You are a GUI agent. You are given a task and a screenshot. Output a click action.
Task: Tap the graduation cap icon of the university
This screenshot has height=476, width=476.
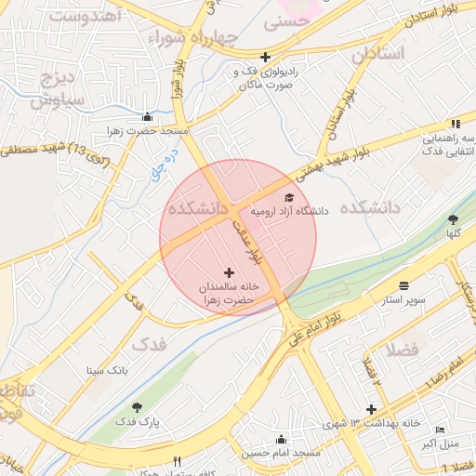288,197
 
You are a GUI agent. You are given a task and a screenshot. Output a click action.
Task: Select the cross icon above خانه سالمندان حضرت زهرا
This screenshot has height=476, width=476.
230,272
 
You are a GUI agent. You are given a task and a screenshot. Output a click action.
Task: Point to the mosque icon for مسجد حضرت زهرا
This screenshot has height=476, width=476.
147,117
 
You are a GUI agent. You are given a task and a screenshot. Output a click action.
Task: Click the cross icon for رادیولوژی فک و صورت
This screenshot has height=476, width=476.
265,57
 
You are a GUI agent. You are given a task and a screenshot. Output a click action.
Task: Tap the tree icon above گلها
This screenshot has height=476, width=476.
453,220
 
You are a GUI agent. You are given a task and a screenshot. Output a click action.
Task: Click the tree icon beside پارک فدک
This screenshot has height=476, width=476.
138,407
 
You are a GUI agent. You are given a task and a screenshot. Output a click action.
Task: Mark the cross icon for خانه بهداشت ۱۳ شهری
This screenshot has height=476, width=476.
371,409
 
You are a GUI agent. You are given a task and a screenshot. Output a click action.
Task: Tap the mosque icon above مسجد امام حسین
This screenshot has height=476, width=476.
281,439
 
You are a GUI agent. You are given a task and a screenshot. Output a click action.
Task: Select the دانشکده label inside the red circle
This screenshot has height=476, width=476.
198,209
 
